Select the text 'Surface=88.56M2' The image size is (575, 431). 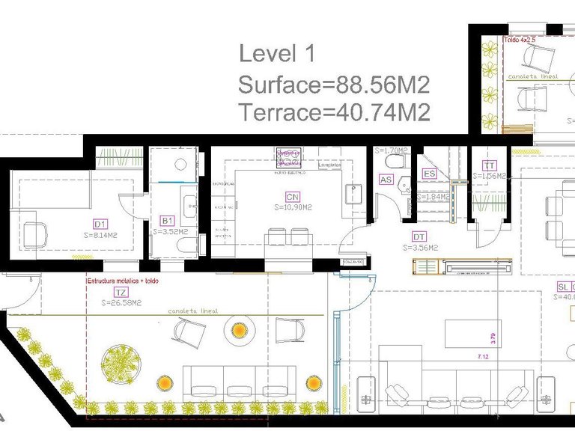pyautogui.click(x=333, y=84)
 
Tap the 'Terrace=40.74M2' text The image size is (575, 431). pyautogui.click(x=334, y=112)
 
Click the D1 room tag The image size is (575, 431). pyautogui.click(x=100, y=223)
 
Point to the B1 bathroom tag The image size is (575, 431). pyautogui.click(x=168, y=221)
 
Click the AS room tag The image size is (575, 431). pyautogui.click(x=386, y=180)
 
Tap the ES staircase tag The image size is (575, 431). pyautogui.click(x=430, y=174)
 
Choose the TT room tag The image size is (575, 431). pyautogui.click(x=489, y=166)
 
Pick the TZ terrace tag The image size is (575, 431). pyautogui.click(x=119, y=293)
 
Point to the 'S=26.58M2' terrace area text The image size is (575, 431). pyautogui.click(x=121, y=303)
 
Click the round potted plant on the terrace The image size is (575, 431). pyautogui.click(x=121, y=363)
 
